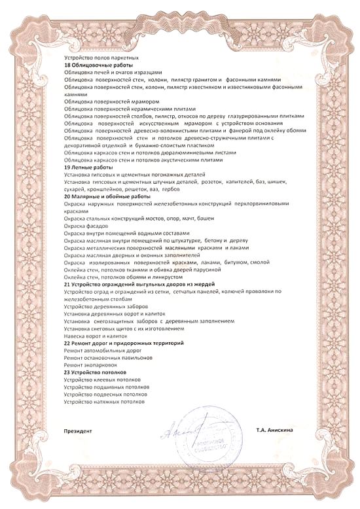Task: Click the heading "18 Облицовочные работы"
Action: (x=99, y=66)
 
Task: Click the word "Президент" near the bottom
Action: (x=78, y=431)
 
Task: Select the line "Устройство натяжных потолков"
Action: (x=104, y=401)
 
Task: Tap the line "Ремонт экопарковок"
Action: (x=91, y=364)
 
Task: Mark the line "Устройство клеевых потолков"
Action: (x=102, y=379)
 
